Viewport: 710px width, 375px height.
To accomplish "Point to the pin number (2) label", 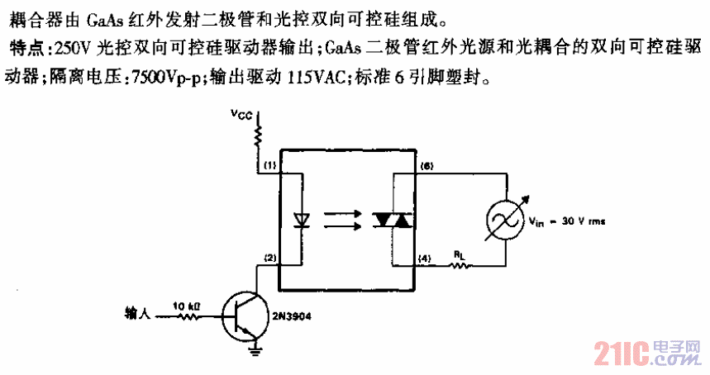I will tap(270, 258).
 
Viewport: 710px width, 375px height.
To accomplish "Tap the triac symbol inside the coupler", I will tap(393, 220).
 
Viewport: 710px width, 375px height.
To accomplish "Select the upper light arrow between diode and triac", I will tap(345, 212).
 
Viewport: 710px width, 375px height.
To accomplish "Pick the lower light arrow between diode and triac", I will tap(345, 226).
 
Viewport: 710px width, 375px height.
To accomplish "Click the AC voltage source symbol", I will tap(504, 220).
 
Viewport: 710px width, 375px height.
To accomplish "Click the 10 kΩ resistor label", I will tap(187, 305).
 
